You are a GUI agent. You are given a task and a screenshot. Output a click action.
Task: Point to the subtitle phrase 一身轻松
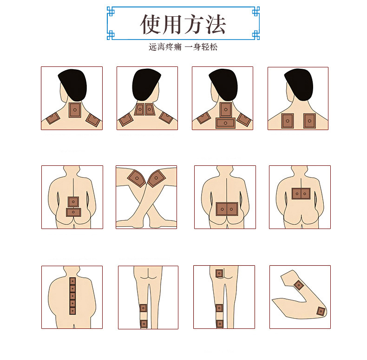click(201, 47)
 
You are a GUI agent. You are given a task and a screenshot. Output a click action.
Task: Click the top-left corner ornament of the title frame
click(111, 11)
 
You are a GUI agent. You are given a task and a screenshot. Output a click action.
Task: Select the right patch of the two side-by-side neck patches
click(150, 110)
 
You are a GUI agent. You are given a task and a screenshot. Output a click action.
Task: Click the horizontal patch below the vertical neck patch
click(225, 123)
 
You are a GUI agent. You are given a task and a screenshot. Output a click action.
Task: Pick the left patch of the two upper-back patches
click(288, 121)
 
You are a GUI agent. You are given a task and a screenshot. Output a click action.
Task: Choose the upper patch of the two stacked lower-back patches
click(73, 202)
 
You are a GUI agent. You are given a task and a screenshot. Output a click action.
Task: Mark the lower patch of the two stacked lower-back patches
click(73, 212)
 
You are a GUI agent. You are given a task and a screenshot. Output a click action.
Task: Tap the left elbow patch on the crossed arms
click(136, 177)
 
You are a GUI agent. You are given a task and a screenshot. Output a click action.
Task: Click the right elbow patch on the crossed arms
click(157, 177)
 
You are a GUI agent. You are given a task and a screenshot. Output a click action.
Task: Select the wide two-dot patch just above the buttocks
click(227, 209)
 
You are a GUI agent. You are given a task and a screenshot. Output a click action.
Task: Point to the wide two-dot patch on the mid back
click(301, 193)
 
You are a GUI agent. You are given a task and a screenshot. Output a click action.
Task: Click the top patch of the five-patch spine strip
click(72, 281)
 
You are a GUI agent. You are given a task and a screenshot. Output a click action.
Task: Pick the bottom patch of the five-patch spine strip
click(72, 311)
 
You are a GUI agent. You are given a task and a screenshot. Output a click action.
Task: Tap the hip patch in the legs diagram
click(219, 273)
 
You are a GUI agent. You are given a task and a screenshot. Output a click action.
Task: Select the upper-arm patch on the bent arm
click(299, 285)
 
